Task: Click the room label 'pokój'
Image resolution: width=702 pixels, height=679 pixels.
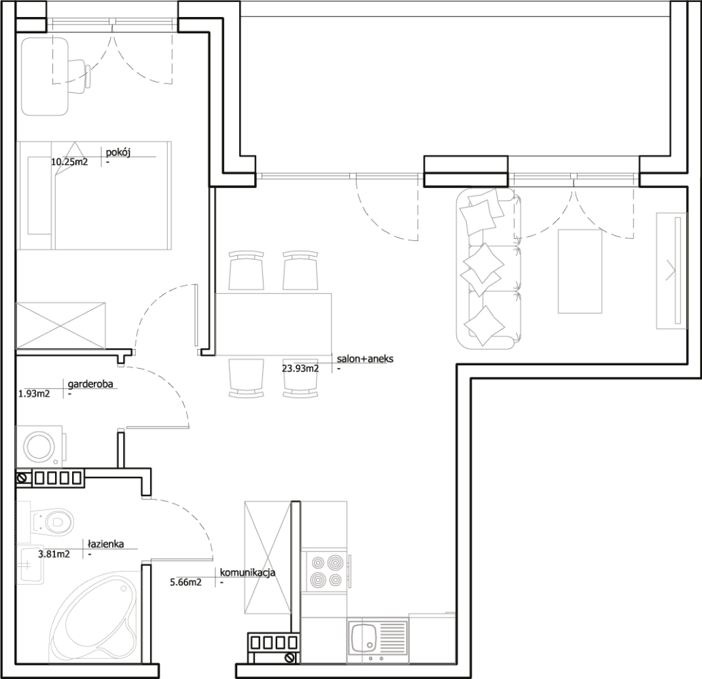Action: (118, 152)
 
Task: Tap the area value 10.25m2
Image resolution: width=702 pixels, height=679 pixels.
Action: (69, 162)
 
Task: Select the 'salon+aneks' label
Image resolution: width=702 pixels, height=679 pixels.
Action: (365, 359)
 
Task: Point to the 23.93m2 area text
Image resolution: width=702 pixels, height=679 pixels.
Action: (300, 369)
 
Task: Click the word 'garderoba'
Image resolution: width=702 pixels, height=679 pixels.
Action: (90, 384)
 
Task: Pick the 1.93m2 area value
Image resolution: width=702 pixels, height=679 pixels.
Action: (34, 394)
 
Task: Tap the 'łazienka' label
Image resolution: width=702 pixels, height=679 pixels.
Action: (105, 544)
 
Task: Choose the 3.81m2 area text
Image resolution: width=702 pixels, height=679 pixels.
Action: (54, 554)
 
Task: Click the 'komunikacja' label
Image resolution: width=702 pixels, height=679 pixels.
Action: (247, 572)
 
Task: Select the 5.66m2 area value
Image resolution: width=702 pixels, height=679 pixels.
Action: (186, 583)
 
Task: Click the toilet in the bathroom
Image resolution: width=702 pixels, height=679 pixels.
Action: (53, 521)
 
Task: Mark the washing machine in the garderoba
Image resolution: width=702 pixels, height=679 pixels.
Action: (40, 446)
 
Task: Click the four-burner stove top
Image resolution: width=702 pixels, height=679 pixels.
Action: (326, 571)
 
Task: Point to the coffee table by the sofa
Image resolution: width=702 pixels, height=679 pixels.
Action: (580, 272)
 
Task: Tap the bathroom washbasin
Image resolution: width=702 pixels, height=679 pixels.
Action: (31, 565)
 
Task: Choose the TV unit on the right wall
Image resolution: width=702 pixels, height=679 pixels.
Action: (671, 271)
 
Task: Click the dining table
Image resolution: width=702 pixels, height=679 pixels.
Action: (274, 325)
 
